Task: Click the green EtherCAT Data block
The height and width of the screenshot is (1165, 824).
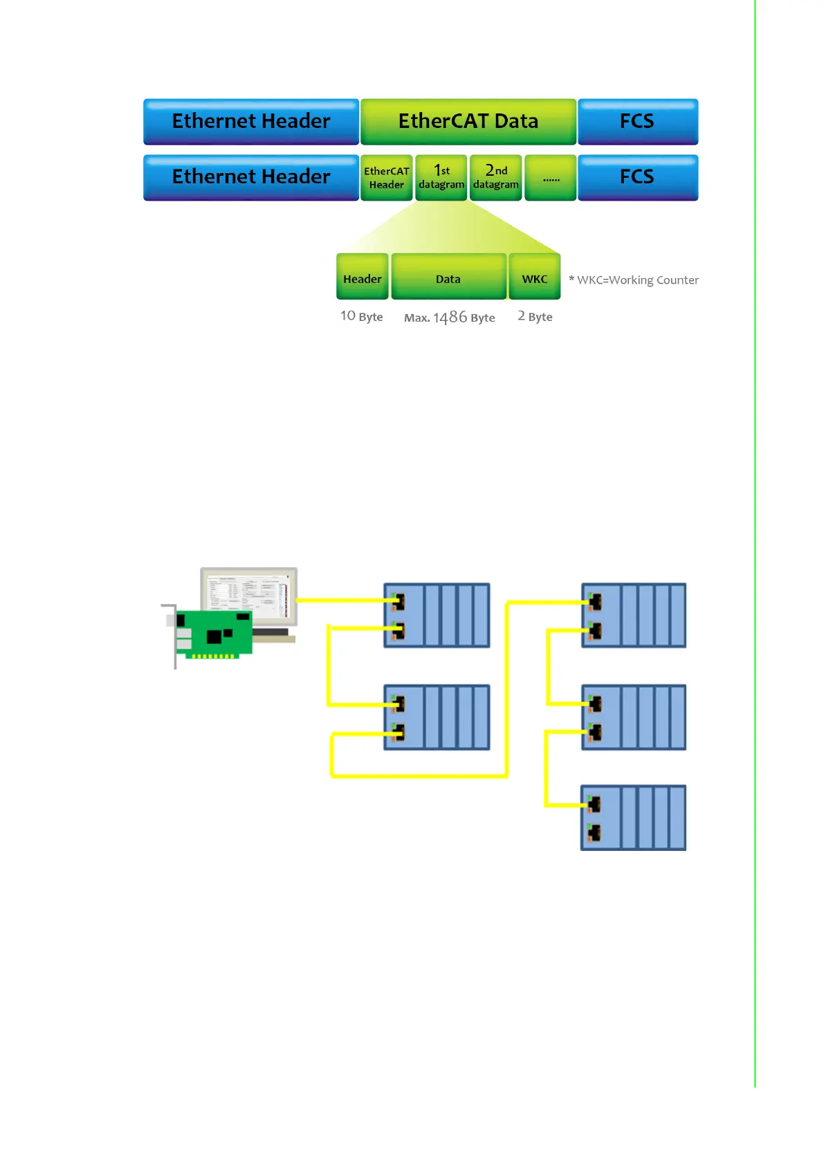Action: point(468,122)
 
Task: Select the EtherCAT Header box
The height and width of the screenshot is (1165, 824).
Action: point(386,178)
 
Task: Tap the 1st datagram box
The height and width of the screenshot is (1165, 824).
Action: point(441,178)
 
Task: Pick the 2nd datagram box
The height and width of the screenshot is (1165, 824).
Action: point(495,178)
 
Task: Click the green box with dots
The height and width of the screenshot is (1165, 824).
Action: point(551,178)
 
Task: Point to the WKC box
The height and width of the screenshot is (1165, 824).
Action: point(534,277)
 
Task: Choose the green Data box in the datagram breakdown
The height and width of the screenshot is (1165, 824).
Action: point(448,277)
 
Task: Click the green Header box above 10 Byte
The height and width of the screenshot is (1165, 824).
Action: point(362,277)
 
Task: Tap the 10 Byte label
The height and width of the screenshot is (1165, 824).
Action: point(361,317)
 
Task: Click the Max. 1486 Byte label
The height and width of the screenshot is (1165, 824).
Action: point(450,318)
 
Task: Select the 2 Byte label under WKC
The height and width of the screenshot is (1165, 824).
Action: point(535,317)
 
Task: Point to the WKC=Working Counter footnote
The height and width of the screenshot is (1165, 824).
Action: point(634,280)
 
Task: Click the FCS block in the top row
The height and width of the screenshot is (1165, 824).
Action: point(637,122)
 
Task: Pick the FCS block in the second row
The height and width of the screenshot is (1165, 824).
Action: point(637,178)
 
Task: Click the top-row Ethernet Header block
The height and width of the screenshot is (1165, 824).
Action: point(250,122)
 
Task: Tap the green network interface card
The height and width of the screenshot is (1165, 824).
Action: point(214,633)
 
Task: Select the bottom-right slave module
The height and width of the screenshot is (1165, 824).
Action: point(633,818)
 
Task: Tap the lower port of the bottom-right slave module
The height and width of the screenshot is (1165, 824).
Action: point(594,832)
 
